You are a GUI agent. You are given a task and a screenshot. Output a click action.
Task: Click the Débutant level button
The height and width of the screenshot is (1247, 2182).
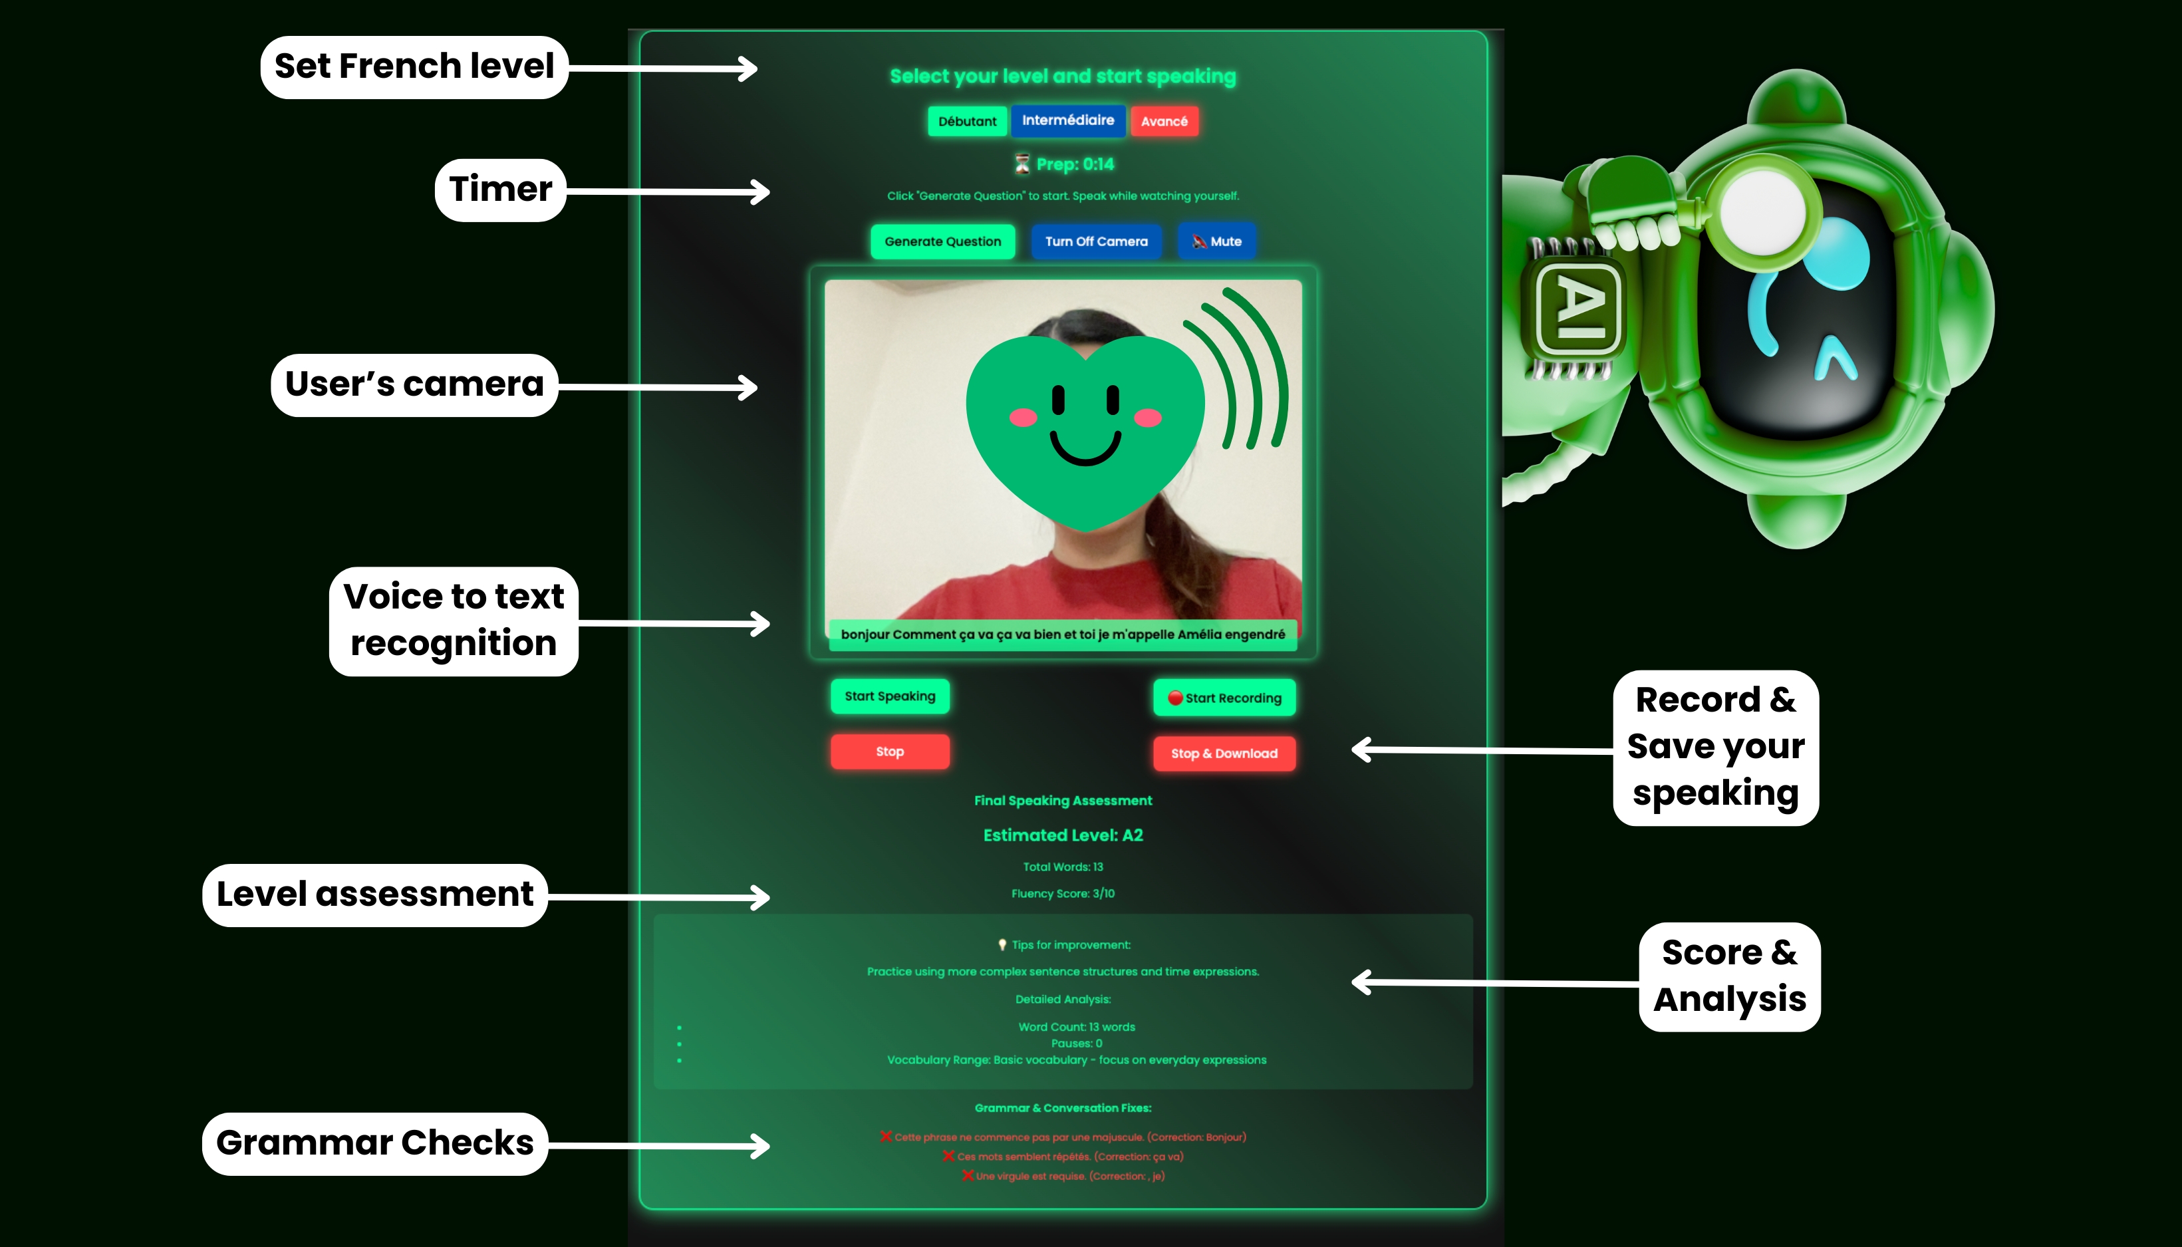[967, 122]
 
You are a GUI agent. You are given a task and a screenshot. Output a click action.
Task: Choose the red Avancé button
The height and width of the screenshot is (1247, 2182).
[1164, 122]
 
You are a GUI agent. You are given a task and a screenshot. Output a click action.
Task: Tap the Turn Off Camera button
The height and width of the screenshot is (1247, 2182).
[1096, 241]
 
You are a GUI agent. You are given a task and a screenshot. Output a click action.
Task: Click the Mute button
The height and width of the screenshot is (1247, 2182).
[1216, 241]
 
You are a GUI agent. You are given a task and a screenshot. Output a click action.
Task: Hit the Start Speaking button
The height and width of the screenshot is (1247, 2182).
[890, 696]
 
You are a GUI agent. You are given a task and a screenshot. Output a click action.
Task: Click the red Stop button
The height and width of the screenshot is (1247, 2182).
[890, 751]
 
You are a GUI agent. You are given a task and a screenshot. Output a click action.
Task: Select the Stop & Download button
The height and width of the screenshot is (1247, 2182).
[1224, 754]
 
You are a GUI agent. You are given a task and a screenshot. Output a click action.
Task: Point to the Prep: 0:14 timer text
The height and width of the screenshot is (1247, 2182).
[1075, 164]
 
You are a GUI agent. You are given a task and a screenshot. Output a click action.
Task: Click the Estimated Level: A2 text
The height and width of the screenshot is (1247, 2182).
[1063, 835]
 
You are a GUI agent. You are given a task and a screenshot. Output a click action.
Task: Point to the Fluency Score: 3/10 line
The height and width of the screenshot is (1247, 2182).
[1063, 893]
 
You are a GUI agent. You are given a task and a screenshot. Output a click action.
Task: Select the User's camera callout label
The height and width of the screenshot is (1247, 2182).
[414, 384]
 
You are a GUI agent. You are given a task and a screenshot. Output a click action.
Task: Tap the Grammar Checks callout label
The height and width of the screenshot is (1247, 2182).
[375, 1143]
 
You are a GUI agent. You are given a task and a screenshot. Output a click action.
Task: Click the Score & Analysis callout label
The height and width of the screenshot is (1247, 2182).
[1729, 976]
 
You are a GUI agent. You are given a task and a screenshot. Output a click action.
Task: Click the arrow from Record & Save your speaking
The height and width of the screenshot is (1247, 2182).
[1482, 750]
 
